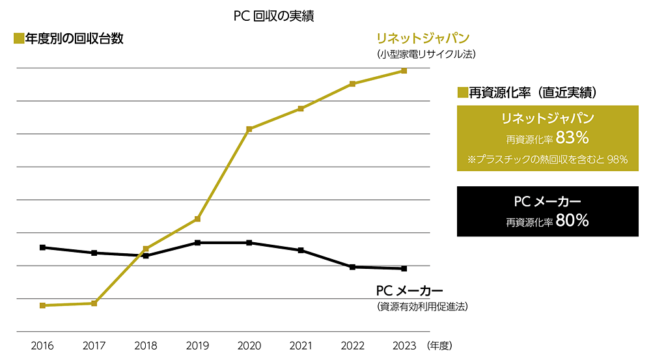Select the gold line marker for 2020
(x=249, y=129)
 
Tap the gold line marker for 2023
(x=404, y=70)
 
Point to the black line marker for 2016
(x=42, y=247)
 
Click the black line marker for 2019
(x=198, y=243)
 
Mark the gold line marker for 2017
(x=94, y=303)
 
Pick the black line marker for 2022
(x=352, y=267)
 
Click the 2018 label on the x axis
(x=146, y=346)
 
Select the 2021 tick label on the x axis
(x=301, y=346)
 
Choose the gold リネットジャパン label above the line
(x=423, y=38)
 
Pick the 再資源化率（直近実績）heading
(x=533, y=92)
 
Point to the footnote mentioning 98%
(x=547, y=159)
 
